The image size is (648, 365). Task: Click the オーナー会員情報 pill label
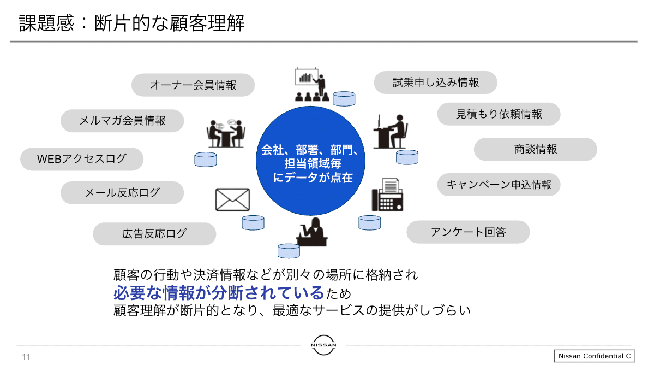[193, 85]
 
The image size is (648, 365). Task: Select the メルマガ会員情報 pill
[122, 121]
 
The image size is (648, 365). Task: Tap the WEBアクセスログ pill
[82, 159]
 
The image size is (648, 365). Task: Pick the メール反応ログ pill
[122, 193]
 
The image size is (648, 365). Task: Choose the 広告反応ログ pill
[154, 234]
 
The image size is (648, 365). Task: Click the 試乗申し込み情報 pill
[435, 83]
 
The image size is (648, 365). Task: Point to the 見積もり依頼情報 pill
[499, 114]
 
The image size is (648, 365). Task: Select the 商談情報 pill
[535, 149]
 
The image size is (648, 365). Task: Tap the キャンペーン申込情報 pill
[499, 185]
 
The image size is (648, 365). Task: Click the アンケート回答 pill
[468, 232]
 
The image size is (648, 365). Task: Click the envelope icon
[232, 199]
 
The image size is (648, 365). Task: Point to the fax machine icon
[388, 195]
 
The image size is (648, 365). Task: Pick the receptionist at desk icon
[312, 232]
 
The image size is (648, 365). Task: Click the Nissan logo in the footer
[323, 345]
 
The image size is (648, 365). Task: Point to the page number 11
[26, 357]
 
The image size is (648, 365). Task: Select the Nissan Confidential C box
[595, 356]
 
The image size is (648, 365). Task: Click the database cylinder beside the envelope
[253, 222]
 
